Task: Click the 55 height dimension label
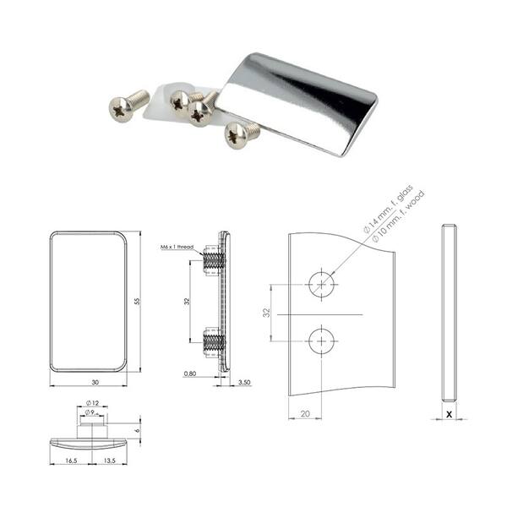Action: pos(138,302)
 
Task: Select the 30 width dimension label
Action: pos(95,382)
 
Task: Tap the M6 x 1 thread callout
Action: pos(177,247)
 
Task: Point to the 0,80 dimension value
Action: pos(190,373)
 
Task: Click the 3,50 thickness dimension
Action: pos(244,382)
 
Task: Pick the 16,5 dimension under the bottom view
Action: pos(71,461)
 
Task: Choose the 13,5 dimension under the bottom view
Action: pos(110,461)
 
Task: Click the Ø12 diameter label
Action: pos(92,403)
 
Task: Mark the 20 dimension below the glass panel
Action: pos(305,413)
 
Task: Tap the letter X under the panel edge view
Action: pos(450,414)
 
